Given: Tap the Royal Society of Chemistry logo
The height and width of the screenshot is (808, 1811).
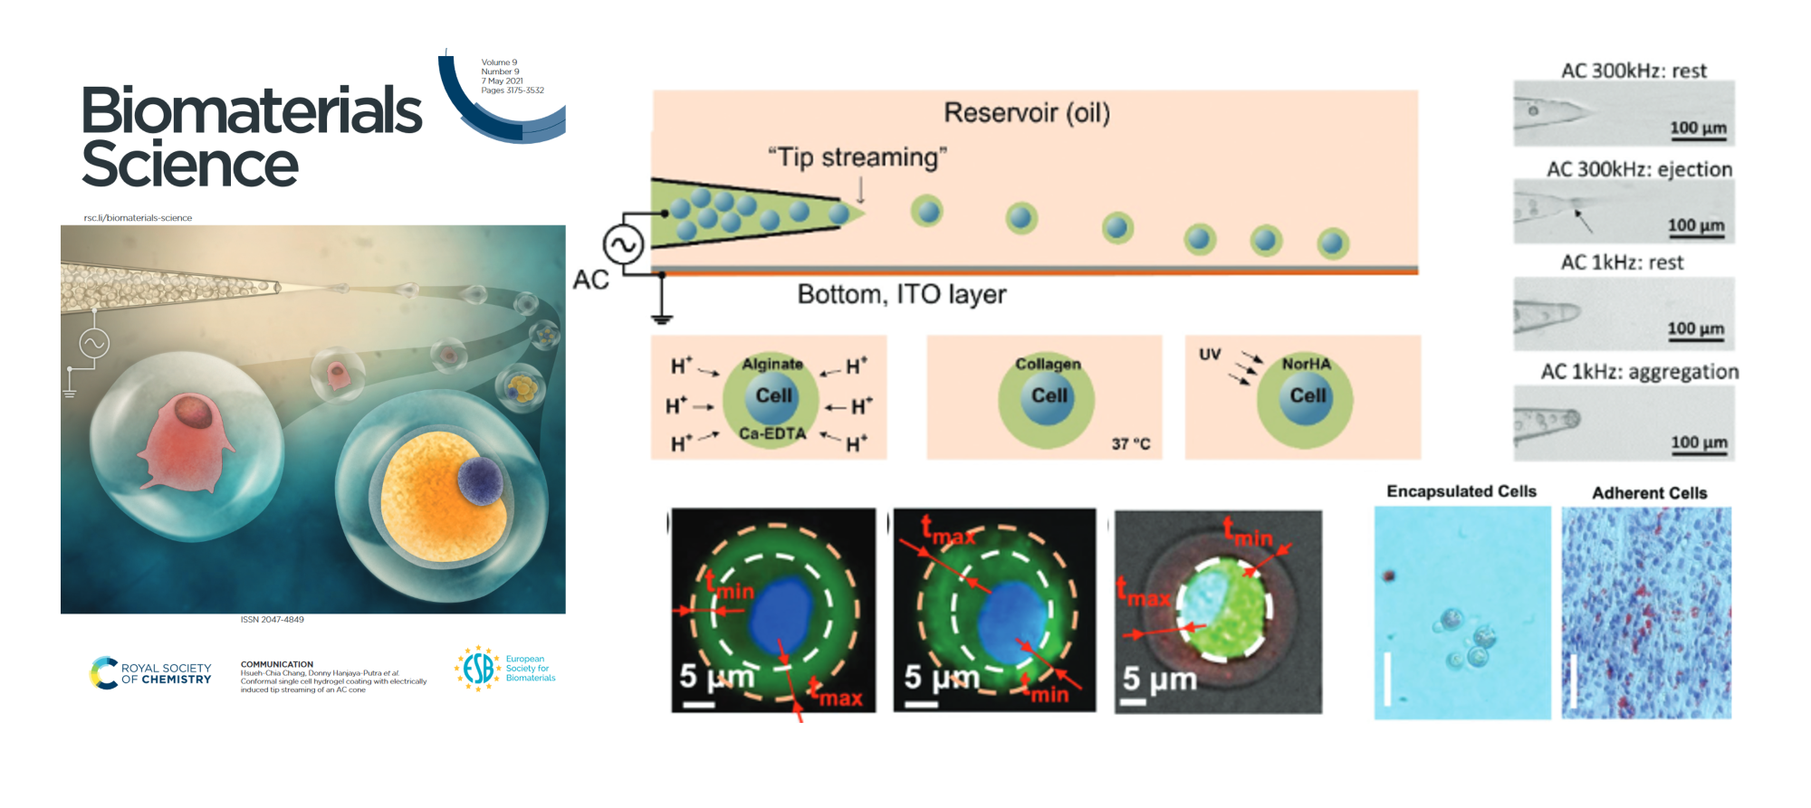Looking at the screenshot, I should pyautogui.click(x=150, y=673).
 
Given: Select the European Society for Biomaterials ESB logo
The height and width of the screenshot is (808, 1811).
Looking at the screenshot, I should pyautogui.click(x=504, y=669).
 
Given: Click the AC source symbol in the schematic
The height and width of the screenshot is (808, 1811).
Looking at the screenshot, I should pyautogui.click(x=623, y=244).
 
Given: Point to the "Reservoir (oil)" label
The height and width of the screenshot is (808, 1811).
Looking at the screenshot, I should pyautogui.click(x=1026, y=113).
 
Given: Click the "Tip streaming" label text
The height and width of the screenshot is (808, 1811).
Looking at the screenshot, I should pyautogui.click(x=857, y=157).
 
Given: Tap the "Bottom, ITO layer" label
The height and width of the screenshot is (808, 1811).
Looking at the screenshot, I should pyautogui.click(x=901, y=294).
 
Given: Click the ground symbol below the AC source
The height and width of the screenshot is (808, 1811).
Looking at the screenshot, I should pyautogui.click(x=662, y=318).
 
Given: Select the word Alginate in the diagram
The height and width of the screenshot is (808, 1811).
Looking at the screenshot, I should pyautogui.click(x=772, y=364).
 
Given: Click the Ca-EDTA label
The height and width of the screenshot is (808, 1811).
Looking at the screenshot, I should pyautogui.click(x=772, y=434).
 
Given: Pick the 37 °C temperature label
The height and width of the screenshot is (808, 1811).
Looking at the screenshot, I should pyautogui.click(x=1131, y=443).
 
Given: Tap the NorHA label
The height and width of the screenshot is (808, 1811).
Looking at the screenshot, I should pyautogui.click(x=1306, y=364).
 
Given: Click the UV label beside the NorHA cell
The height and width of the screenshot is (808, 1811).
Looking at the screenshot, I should pyautogui.click(x=1210, y=354).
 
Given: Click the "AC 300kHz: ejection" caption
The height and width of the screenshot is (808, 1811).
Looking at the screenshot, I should pyautogui.click(x=1639, y=169).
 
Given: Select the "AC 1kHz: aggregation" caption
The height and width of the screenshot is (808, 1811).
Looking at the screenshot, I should pyautogui.click(x=1639, y=372).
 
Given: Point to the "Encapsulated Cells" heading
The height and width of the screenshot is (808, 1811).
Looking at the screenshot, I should pyautogui.click(x=1461, y=491).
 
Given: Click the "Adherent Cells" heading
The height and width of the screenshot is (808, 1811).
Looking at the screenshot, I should pyautogui.click(x=1649, y=493).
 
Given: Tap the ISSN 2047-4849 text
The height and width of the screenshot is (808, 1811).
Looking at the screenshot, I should pyautogui.click(x=272, y=620).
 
